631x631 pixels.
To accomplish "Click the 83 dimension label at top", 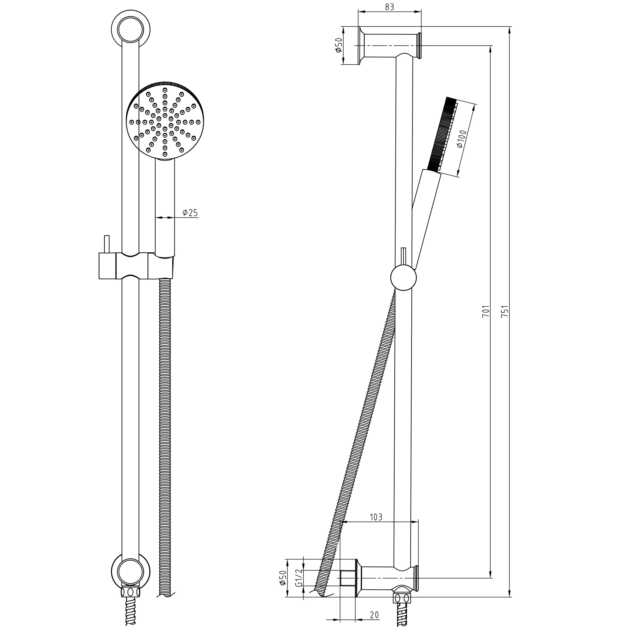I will (389, 7).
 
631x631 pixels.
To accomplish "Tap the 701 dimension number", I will (486, 311).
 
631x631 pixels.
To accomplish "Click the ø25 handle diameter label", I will (190, 213).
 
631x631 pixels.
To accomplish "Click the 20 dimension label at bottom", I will (374, 615).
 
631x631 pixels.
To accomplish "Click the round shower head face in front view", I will (165, 121).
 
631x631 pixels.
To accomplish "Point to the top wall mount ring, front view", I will (131, 30).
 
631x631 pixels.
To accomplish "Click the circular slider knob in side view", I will (404, 278).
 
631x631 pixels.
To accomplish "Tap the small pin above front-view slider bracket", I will (106, 244).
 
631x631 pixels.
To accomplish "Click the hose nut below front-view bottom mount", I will (131, 592).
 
